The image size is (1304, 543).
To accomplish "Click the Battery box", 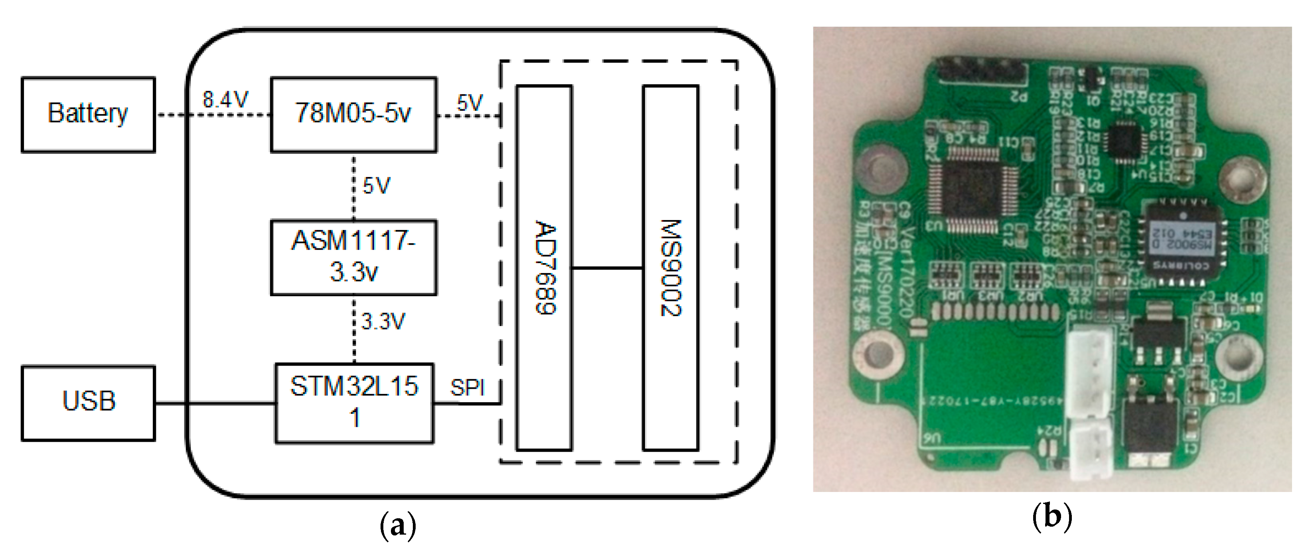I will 88,114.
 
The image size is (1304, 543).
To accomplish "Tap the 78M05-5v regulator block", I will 353,114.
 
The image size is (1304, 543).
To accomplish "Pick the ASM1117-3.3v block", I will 353,257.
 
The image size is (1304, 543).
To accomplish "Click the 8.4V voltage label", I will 225,100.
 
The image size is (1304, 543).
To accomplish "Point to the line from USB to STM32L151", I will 215,403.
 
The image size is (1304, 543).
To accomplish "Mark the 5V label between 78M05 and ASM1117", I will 377,186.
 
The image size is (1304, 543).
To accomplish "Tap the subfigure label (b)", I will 1052,517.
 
